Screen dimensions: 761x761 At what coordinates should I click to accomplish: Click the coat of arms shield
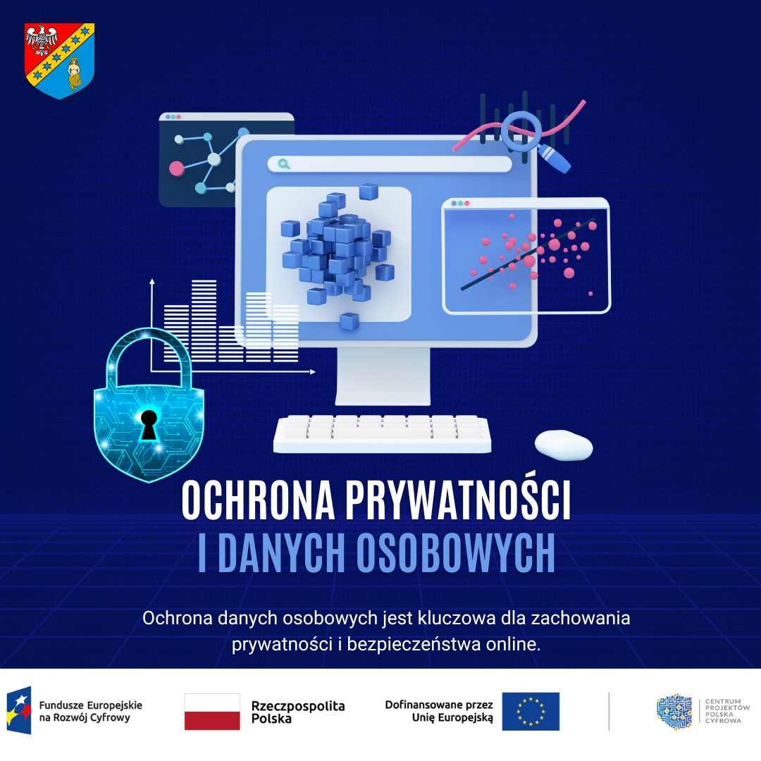(x=60, y=60)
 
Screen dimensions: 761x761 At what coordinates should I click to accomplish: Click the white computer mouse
(x=564, y=444)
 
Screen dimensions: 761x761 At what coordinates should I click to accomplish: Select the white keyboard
(x=382, y=433)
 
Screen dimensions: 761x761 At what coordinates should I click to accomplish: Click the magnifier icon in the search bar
(x=284, y=164)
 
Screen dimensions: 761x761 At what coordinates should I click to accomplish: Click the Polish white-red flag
(x=212, y=712)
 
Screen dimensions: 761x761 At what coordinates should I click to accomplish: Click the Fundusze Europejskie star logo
(x=19, y=711)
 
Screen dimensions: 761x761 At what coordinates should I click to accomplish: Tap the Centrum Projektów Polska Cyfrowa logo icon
(x=674, y=712)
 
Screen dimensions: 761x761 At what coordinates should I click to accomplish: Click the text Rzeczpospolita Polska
(x=297, y=712)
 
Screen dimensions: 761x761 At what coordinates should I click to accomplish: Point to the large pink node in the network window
(x=176, y=168)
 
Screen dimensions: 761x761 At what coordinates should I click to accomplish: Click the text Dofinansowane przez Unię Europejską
(x=439, y=711)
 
